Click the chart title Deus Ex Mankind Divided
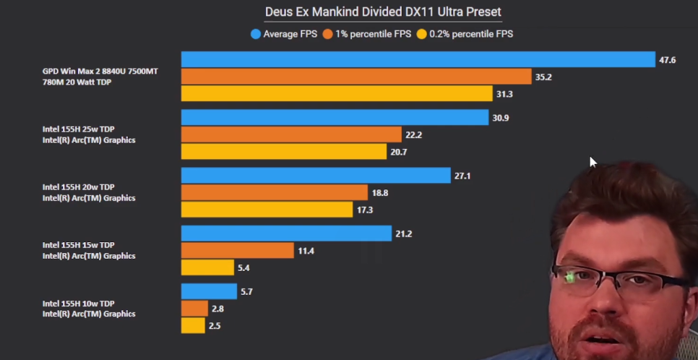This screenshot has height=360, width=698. [x=383, y=12]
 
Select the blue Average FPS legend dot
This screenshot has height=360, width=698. [x=256, y=33]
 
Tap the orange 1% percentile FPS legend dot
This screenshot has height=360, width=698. [x=327, y=33]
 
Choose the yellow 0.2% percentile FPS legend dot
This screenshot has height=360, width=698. [x=421, y=33]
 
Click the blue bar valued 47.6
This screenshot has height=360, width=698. [x=418, y=59]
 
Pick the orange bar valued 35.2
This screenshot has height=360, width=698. [x=356, y=76]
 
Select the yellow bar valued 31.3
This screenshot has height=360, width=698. [x=337, y=93]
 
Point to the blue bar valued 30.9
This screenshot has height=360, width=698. [x=335, y=117]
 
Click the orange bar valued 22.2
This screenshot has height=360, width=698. [x=291, y=134]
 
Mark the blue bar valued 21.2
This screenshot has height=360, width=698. [x=286, y=233]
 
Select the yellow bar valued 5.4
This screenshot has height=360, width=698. [x=207, y=267]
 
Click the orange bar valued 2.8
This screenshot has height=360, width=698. [x=194, y=309]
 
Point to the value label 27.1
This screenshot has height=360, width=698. [x=462, y=176]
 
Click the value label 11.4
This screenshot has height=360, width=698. [x=306, y=251]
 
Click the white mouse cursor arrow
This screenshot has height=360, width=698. [x=593, y=162]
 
